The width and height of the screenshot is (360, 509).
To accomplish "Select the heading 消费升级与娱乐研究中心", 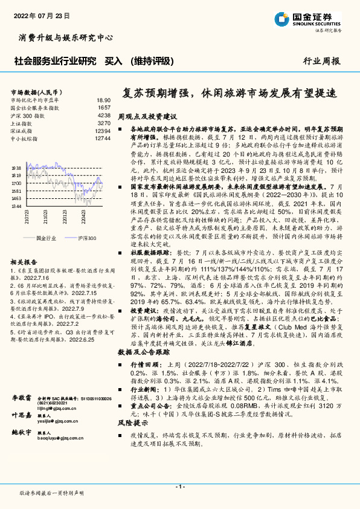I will pyautogui.click(x=66, y=38).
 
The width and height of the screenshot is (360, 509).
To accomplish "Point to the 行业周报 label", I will pyautogui.click(x=321, y=61).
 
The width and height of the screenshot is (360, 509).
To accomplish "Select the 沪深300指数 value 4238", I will pyautogui.click(x=104, y=114).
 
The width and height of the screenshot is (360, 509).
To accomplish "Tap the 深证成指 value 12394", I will pyautogui.click(x=103, y=130).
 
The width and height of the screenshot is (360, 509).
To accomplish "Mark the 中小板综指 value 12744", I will pyautogui.click(x=103, y=138).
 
